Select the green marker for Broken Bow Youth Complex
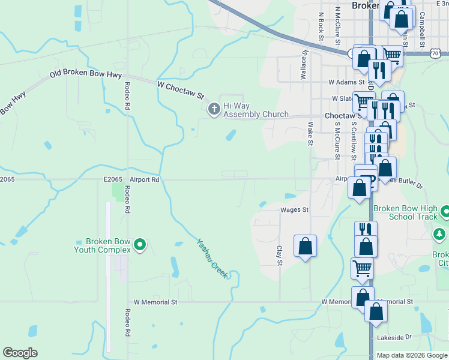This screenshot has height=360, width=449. pyautogui.click(x=140, y=245)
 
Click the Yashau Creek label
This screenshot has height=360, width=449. pyautogui.click(x=212, y=259)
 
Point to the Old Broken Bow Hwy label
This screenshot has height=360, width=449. pyautogui.click(x=86, y=75)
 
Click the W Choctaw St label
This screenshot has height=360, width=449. pyautogui.click(x=181, y=91)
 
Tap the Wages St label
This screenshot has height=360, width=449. pyautogui.click(x=294, y=210)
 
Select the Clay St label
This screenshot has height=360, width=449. pyautogui.click(x=279, y=256)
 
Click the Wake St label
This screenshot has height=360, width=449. pyautogui.click(x=310, y=134)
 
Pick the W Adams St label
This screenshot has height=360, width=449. pyautogui.click(x=346, y=82)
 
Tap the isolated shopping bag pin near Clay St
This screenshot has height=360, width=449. pyautogui.click(x=305, y=246)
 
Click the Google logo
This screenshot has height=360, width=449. pyautogui.click(x=20, y=353)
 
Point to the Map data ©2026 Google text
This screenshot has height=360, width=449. pyautogui.click(x=412, y=355)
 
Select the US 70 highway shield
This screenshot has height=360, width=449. pyautogui.click(x=444, y=53)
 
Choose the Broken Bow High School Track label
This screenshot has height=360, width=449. pyautogui.click(x=409, y=213)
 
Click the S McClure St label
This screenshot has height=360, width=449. pyautogui.click(x=338, y=140)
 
